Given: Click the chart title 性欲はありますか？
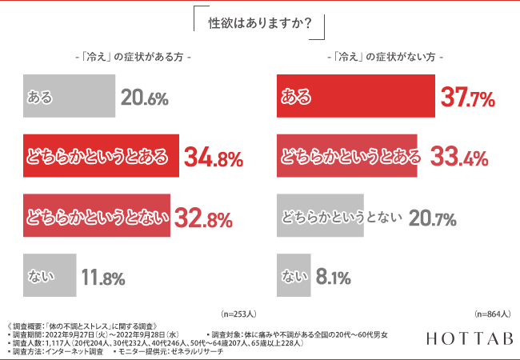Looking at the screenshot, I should tap(259, 22).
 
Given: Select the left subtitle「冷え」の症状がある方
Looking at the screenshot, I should tap(130, 58).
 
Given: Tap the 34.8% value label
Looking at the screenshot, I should tap(213, 158).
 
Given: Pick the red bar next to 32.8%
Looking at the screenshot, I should tap(97, 218).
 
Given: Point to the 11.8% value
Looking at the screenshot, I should tap(102, 278).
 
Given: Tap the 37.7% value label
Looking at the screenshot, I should tap(467, 98).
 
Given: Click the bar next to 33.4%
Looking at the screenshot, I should tap(346, 157).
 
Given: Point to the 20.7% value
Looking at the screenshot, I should tap(432, 218).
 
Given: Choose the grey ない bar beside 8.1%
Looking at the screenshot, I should tap(292, 278).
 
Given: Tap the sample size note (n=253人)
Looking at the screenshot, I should tap(237, 314).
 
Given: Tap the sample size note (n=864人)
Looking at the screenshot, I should tap(493, 314).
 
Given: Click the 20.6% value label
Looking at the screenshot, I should tap(144, 98).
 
